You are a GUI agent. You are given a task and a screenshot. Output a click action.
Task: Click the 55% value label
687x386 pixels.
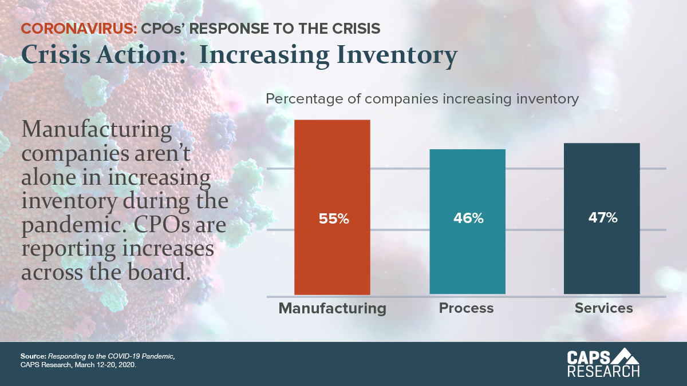point(333,218)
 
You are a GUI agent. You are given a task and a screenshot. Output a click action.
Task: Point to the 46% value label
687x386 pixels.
point(467,218)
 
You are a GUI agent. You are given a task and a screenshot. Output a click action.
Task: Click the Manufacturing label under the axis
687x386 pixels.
point(332,309)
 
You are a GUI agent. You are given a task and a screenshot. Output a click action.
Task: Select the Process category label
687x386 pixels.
point(466,308)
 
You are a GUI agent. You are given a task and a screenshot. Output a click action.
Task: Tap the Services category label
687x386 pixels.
point(603,308)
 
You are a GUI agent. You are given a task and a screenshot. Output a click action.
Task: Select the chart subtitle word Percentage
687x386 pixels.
point(301,99)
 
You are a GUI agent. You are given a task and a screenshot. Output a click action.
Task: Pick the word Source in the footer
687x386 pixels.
point(33,357)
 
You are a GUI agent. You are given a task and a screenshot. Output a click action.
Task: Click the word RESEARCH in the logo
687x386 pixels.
point(603,371)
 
